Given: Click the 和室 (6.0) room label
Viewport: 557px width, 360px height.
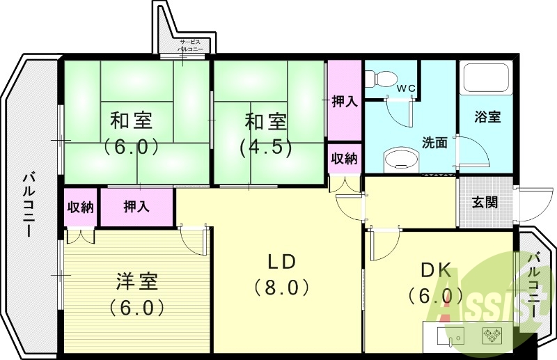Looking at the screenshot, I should click(x=132, y=133).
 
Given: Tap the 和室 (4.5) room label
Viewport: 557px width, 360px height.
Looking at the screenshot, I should click(x=265, y=133).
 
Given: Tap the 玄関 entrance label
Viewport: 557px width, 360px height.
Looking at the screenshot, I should click(x=485, y=203).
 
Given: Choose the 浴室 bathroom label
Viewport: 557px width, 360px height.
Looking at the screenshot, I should click(x=487, y=116).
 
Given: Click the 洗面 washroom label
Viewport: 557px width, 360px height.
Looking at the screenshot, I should click(x=434, y=142).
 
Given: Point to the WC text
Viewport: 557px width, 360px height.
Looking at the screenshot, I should click(x=406, y=88).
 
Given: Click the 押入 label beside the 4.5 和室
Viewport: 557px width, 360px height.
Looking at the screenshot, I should click(x=344, y=102).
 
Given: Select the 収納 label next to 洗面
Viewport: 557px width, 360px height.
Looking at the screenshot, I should click(x=344, y=158).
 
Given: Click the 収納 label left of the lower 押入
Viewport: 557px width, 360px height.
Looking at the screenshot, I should click(x=81, y=207).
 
